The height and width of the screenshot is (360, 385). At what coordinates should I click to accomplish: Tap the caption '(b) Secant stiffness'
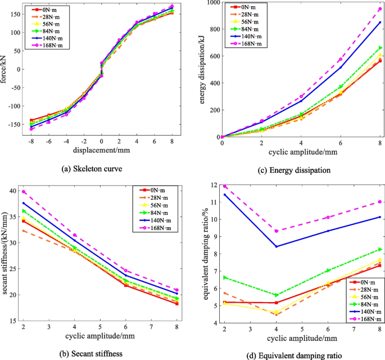98,353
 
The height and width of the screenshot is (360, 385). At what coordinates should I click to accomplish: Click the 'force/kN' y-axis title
5,70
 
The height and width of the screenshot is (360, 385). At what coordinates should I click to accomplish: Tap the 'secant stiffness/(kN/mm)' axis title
5,255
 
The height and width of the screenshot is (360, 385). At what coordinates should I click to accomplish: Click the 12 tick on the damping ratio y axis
212,185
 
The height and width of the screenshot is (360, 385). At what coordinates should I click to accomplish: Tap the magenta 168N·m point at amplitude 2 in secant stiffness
24,192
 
